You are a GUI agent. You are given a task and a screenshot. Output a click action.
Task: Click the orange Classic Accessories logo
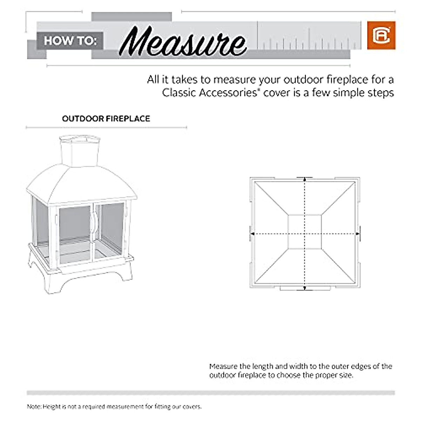(381, 35)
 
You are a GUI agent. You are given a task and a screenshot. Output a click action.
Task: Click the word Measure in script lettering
(182, 44)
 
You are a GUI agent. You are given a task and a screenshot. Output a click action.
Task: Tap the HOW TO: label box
(70, 41)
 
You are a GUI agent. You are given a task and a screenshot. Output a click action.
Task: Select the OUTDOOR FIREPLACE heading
(106, 119)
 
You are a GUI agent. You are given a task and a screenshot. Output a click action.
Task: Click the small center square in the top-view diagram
(305, 232)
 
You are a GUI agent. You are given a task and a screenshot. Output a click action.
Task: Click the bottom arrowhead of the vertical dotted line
(305, 288)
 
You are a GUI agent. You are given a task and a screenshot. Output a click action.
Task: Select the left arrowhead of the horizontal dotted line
(251, 233)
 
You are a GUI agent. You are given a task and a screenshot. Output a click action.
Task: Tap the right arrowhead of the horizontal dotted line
(358, 233)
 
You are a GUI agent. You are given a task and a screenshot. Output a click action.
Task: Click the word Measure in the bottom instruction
(223, 367)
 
